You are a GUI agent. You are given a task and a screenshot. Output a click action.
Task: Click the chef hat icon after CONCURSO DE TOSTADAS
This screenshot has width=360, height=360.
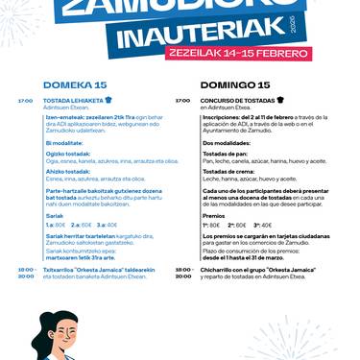tap(281, 99)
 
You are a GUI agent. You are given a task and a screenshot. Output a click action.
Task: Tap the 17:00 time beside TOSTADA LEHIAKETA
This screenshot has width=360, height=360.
tap(26, 100)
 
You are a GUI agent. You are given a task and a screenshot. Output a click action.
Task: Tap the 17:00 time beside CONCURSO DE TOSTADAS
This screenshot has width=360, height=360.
tap(182, 100)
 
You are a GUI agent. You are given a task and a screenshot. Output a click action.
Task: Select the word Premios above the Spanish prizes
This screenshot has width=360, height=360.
tap(214, 216)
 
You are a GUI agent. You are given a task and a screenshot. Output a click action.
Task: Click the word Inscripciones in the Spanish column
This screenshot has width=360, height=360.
tap(223, 119)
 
